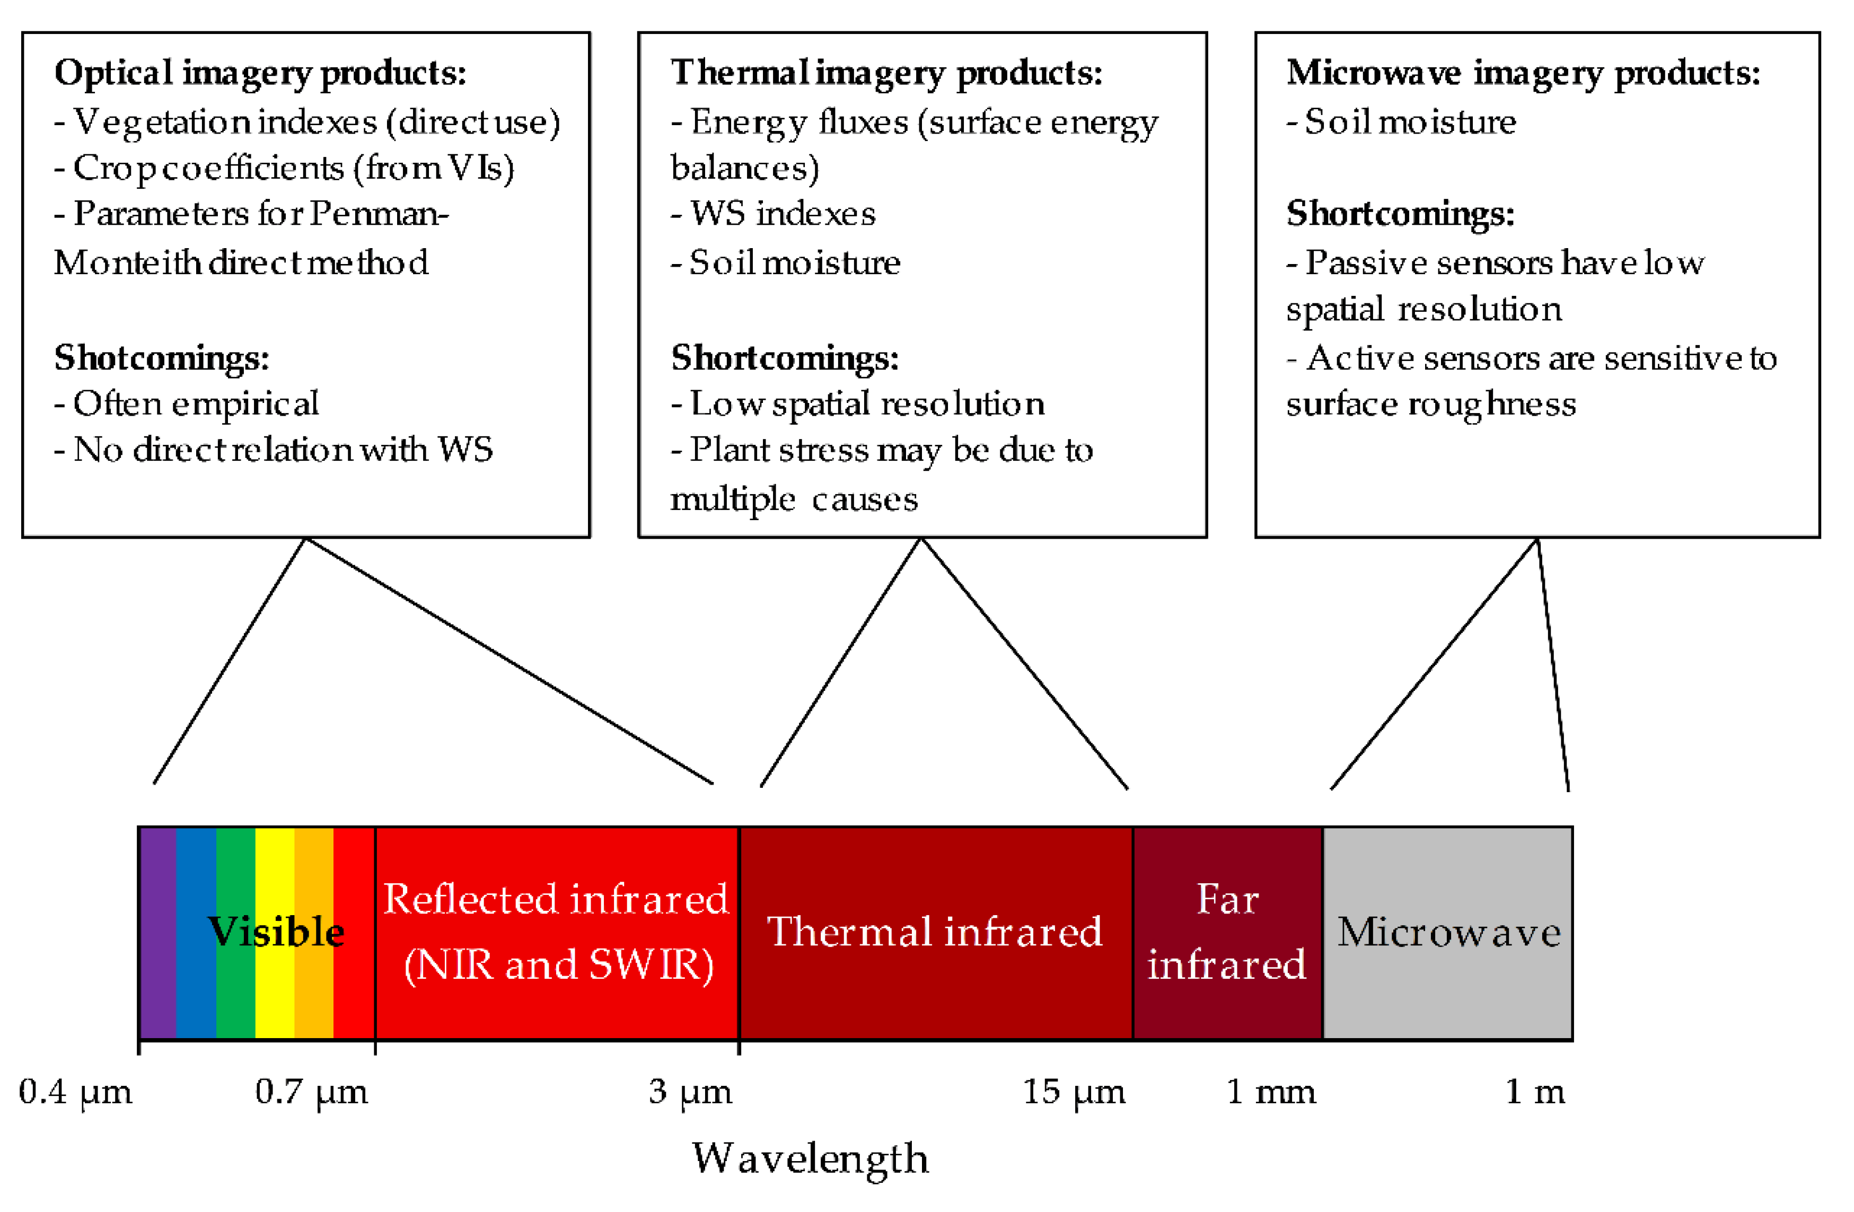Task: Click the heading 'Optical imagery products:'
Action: [260, 73]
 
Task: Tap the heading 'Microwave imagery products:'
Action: [1523, 73]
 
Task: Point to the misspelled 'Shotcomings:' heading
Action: [161, 358]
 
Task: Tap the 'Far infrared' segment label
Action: [1227, 933]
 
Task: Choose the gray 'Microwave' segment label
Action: [1449, 933]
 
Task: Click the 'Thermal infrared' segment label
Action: [935, 933]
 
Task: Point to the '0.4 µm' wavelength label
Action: [76, 1092]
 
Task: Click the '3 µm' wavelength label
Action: [690, 1092]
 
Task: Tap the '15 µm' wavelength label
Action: [1074, 1092]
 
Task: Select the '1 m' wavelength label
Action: [1535, 1092]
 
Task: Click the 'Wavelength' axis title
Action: [810, 1158]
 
